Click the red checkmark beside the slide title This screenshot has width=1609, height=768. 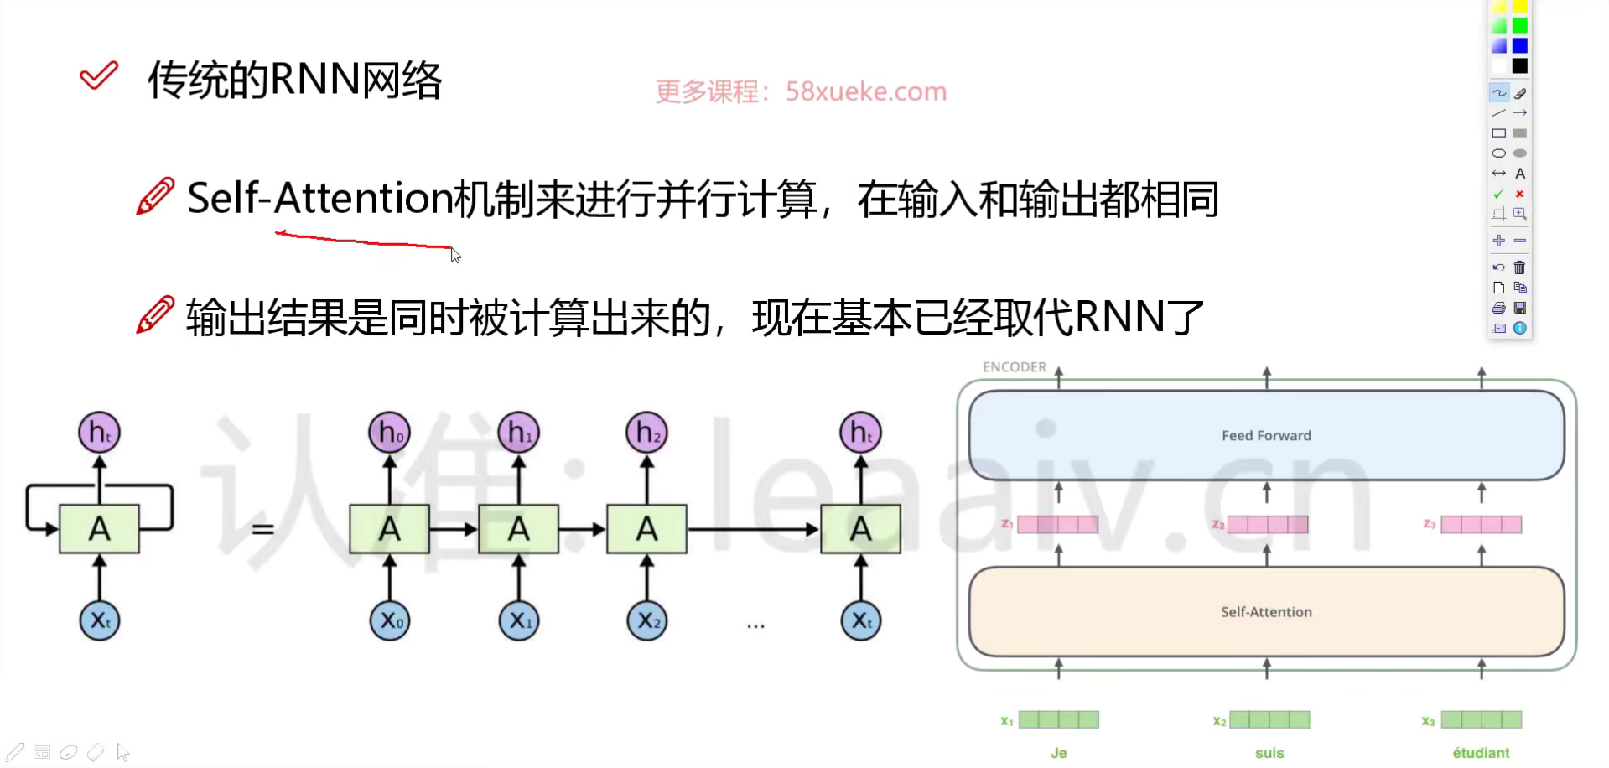(x=99, y=76)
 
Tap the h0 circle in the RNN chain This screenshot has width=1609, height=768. (x=390, y=433)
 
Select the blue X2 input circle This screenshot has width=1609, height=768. (x=647, y=621)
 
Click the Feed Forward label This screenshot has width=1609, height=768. (x=1266, y=436)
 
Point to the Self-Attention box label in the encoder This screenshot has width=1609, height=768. (x=1266, y=612)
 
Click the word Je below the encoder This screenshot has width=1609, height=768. (x=1059, y=753)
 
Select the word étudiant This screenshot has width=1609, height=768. (x=1481, y=753)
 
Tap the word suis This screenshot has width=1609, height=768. (x=1269, y=753)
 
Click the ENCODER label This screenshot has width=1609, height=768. (x=1015, y=367)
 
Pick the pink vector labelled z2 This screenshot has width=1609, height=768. (x=1268, y=525)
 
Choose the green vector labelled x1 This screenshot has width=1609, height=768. (x=1059, y=719)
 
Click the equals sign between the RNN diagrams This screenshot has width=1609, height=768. (x=263, y=529)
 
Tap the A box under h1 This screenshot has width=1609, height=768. (x=518, y=529)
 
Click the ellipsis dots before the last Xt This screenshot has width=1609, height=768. (x=755, y=625)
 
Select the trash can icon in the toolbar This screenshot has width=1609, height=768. (x=1519, y=267)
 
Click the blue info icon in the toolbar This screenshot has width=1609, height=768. (x=1519, y=328)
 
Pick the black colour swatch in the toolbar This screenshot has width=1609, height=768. (x=1519, y=66)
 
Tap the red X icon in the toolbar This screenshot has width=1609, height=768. (x=1519, y=194)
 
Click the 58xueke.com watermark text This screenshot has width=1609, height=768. (x=866, y=91)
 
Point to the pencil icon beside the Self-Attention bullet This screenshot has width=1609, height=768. (x=156, y=197)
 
